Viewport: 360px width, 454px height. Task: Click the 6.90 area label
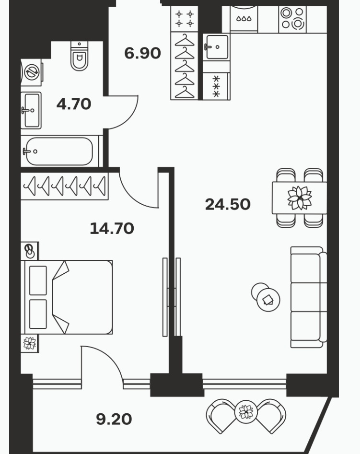click(142, 53)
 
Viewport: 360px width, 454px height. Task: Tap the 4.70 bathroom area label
click(74, 104)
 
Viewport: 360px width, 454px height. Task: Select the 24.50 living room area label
click(228, 204)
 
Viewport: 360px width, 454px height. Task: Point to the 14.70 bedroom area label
click(112, 229)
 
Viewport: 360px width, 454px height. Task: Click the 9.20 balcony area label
click(114, 419)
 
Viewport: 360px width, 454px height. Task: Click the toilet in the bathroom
click(79, 56)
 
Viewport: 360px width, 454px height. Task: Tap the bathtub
click(59, 151)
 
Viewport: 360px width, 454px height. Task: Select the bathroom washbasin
click(31, 110)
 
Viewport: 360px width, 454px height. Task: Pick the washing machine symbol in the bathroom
click(32, 72)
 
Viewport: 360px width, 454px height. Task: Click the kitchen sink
click(216, 47)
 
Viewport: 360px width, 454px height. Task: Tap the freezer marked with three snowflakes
click(216, 86)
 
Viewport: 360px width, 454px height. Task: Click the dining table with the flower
click(300, 198)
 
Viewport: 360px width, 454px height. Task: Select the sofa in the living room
click(309, 297)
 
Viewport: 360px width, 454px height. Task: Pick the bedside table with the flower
click(30, 343)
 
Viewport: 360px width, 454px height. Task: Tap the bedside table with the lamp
click(30, 251)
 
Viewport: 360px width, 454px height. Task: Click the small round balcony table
click(246, 411)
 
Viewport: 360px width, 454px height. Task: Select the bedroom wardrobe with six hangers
click(65, 186)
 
